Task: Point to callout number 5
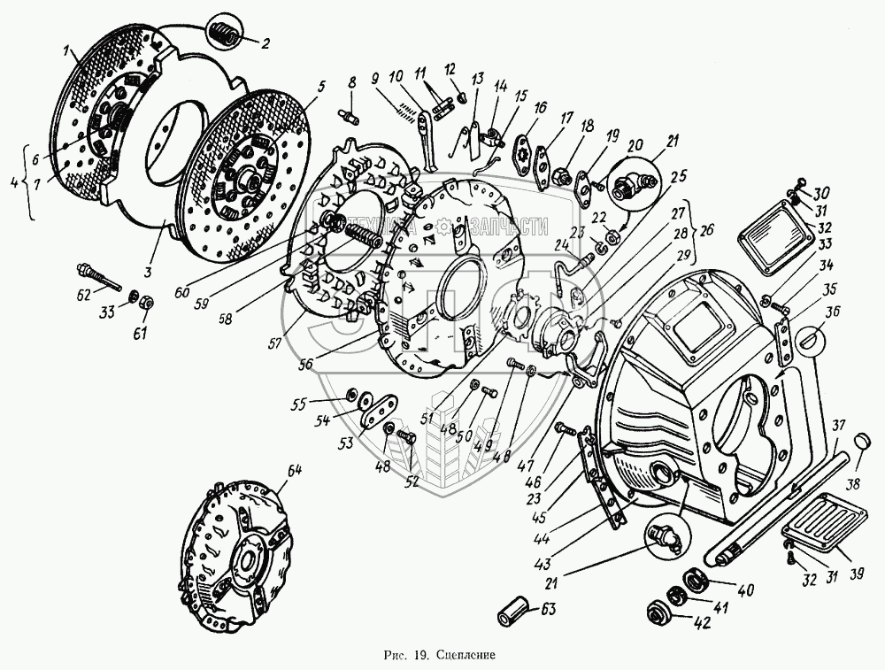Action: (x=321, y=87)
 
